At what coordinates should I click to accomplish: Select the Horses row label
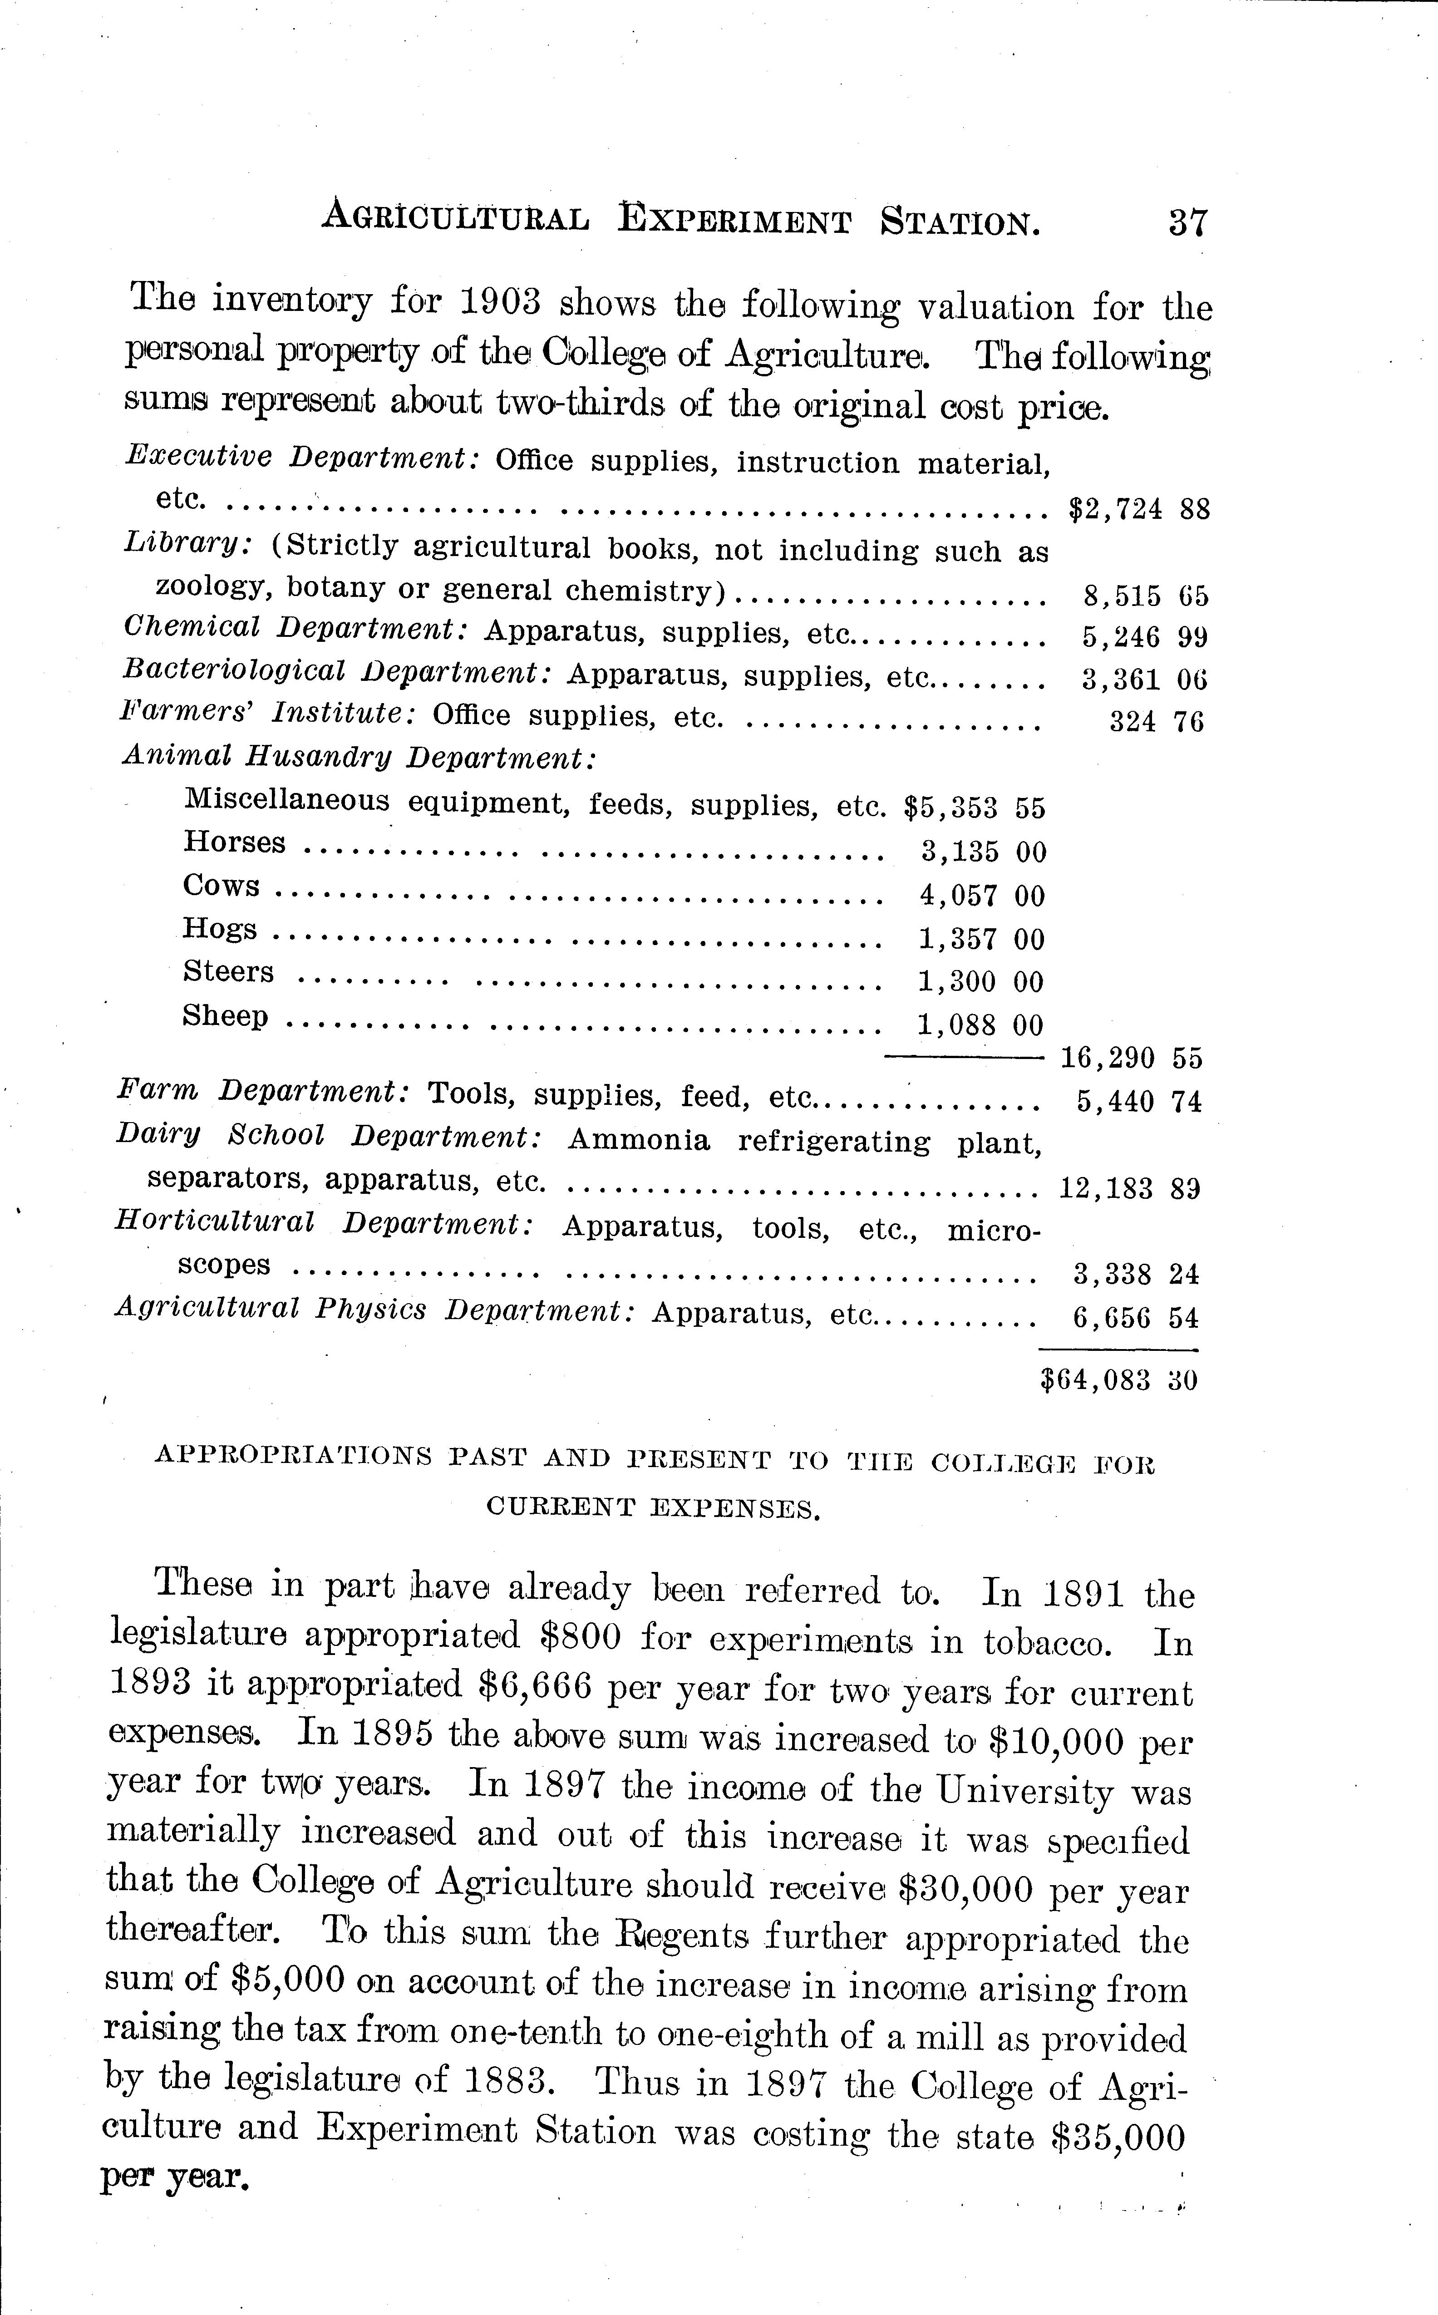point(234,842)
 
